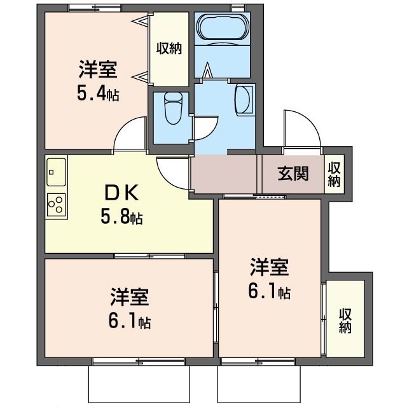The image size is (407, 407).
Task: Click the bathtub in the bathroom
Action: [222, 29]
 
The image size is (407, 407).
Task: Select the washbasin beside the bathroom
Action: [244, 100]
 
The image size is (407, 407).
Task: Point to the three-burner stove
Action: [55, 204]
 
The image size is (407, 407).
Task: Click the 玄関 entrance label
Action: [293, 173]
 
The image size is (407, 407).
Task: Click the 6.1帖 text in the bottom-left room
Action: [129, 322]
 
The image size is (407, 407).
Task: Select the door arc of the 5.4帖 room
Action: [128, 134]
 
